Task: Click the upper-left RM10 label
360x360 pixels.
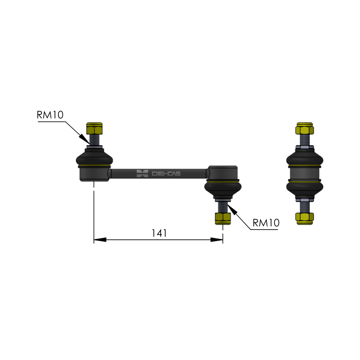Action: pyautogui.click(x=50, y=115)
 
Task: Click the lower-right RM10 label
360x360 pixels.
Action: pyautogui.click(x=266, y=223)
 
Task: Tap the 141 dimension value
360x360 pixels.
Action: pyautogui.click(x=159, y=233)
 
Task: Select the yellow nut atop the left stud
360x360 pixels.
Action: pyautogui.click(x=94, y=128)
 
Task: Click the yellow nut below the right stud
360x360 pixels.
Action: pyautogui.click(x=223, y=219)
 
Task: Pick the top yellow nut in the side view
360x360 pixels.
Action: pyautogui.click(x=305, y=128)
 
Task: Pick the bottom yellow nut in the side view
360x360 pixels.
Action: pyautogui.click(x=305, y=219)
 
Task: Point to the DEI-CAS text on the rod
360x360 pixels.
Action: pyautogui.click(x=166, y=174)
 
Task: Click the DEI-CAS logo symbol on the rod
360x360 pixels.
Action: pyautogui.click(x=142, y=174)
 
